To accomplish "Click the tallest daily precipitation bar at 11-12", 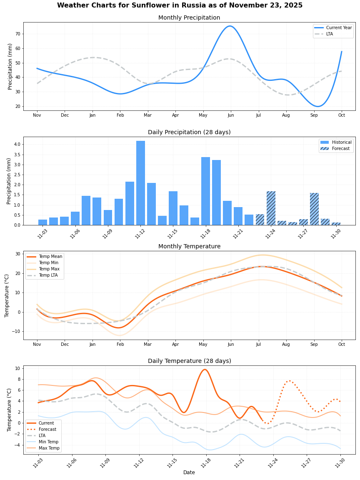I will [x=140, y=183].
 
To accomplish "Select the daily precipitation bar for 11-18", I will [x=205, y=191].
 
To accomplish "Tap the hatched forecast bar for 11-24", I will [x=271, y=208].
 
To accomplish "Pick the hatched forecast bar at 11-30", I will [x=336, y=224].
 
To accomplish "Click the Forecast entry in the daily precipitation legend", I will [x=341, y=148].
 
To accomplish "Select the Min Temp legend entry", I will [x=48, y=442].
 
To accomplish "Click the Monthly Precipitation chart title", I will [x=189, y=18].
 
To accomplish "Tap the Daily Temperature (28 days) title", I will [x=189, y=361].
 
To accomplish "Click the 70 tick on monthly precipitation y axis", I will [x=17, y=34].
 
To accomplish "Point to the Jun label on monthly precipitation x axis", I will [x=230, y=115].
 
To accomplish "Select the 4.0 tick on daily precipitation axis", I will [x=16, y=144].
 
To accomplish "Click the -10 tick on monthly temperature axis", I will [x=16, y=332].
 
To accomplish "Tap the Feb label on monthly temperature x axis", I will [x=120, y=345].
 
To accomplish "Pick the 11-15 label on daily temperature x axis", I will [x=172, y=462].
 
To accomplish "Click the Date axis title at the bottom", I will [x=189, y=472].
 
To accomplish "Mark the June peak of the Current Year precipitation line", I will [x=230, y=26].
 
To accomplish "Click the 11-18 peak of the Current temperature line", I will [x=205, y=370].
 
